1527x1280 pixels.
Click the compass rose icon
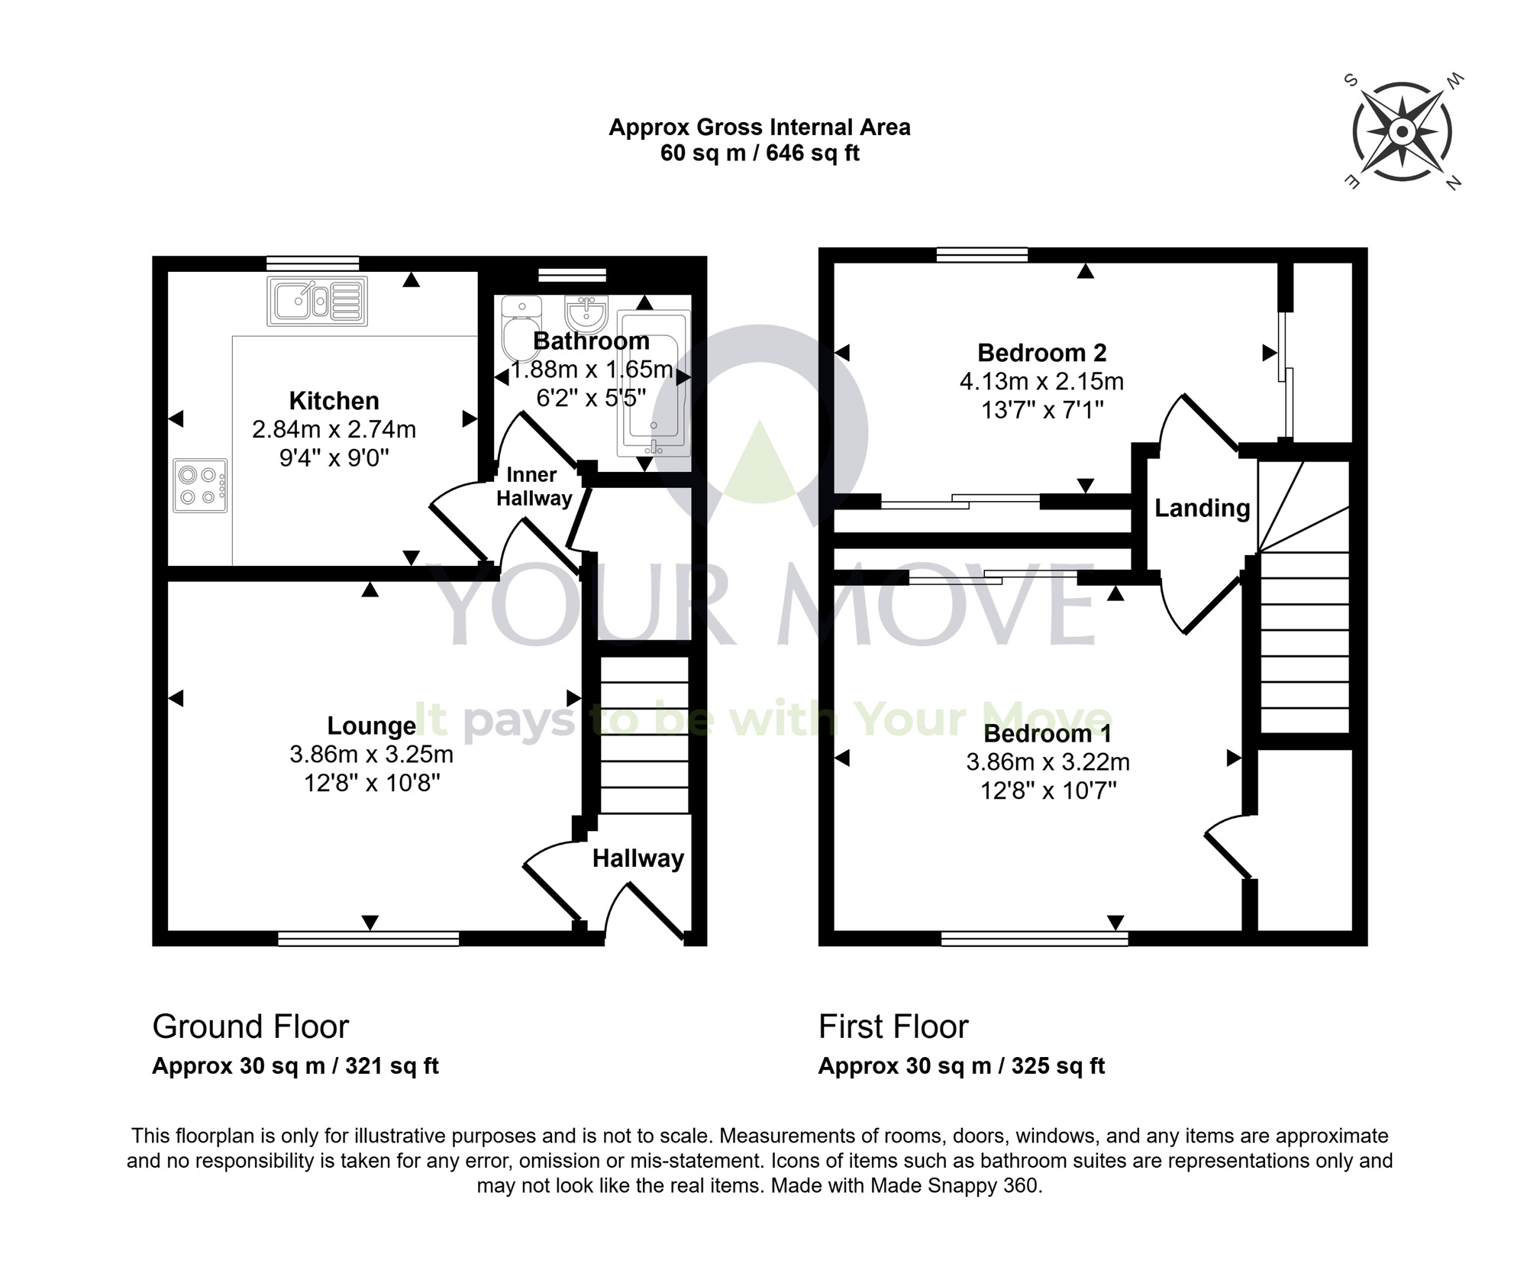[x=1402, y=133]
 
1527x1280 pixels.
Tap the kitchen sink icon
[x=317, y=301]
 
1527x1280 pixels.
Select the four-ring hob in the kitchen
[x=200, y=486]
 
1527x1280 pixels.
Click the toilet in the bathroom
[x=521, y=328]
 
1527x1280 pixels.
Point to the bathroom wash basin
[x=586, y=313]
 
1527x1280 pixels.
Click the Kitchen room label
[x=334, y=401]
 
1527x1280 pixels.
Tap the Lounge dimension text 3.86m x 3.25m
[x=371, y=755]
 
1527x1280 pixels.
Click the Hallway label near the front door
[x=638, y=858]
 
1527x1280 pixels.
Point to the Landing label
[x=1202, y=508]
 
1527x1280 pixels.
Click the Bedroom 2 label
[x=1041, y=353]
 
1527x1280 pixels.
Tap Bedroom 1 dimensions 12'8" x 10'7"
[x=1048, y=790]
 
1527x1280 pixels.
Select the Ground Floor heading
[x=250, y=1026]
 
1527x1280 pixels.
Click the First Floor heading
[x=893, y=1026]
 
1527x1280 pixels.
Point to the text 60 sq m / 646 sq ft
[x=760, y=153]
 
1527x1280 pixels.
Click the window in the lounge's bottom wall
[x=368, y=939]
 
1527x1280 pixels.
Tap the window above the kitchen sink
[x=312, y=263]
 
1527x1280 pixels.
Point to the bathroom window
[x=572, y=276]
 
